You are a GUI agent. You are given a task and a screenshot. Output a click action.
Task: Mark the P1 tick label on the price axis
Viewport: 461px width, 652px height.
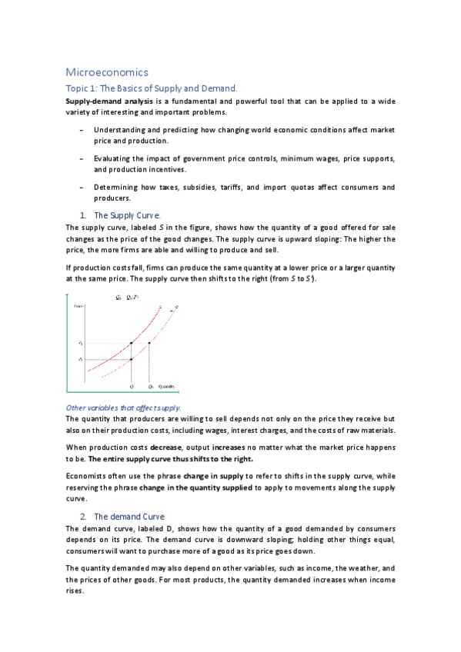click(80, 343)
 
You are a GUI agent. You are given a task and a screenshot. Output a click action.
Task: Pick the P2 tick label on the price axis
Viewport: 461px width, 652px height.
click(80, 359)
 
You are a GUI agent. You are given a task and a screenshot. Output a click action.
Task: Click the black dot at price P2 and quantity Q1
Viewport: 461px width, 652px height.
click(132, 359)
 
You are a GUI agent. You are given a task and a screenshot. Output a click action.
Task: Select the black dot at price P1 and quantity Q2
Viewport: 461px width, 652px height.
click(149, 343)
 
